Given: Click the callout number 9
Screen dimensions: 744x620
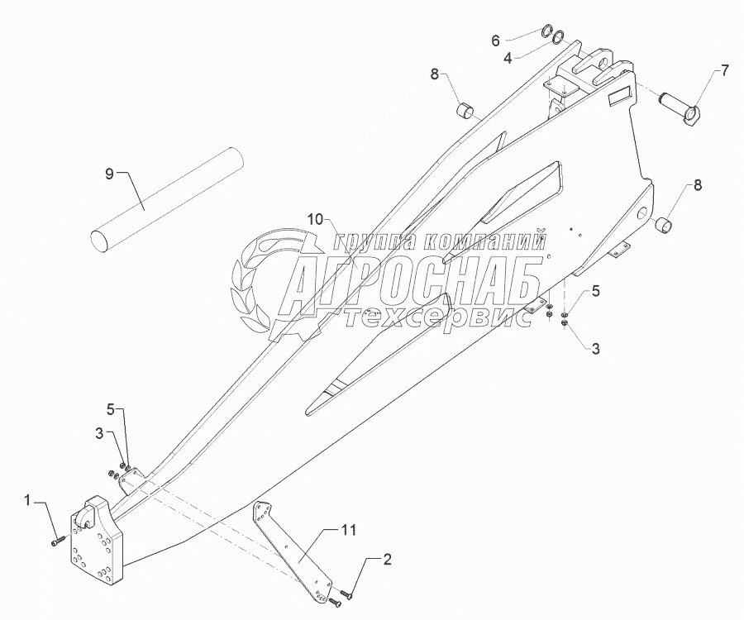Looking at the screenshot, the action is coord(108,174).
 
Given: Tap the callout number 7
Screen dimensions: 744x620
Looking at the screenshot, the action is coord(724,70).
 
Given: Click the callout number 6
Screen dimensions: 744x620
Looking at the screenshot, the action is coord(519,40).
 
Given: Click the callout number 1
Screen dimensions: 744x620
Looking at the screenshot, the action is coord(29,500).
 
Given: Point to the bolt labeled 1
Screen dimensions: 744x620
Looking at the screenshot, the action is coord(59,542).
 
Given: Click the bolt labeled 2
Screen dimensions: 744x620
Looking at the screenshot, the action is coord(346,593).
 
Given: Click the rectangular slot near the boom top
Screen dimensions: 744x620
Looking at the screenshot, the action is coord(618,98).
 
